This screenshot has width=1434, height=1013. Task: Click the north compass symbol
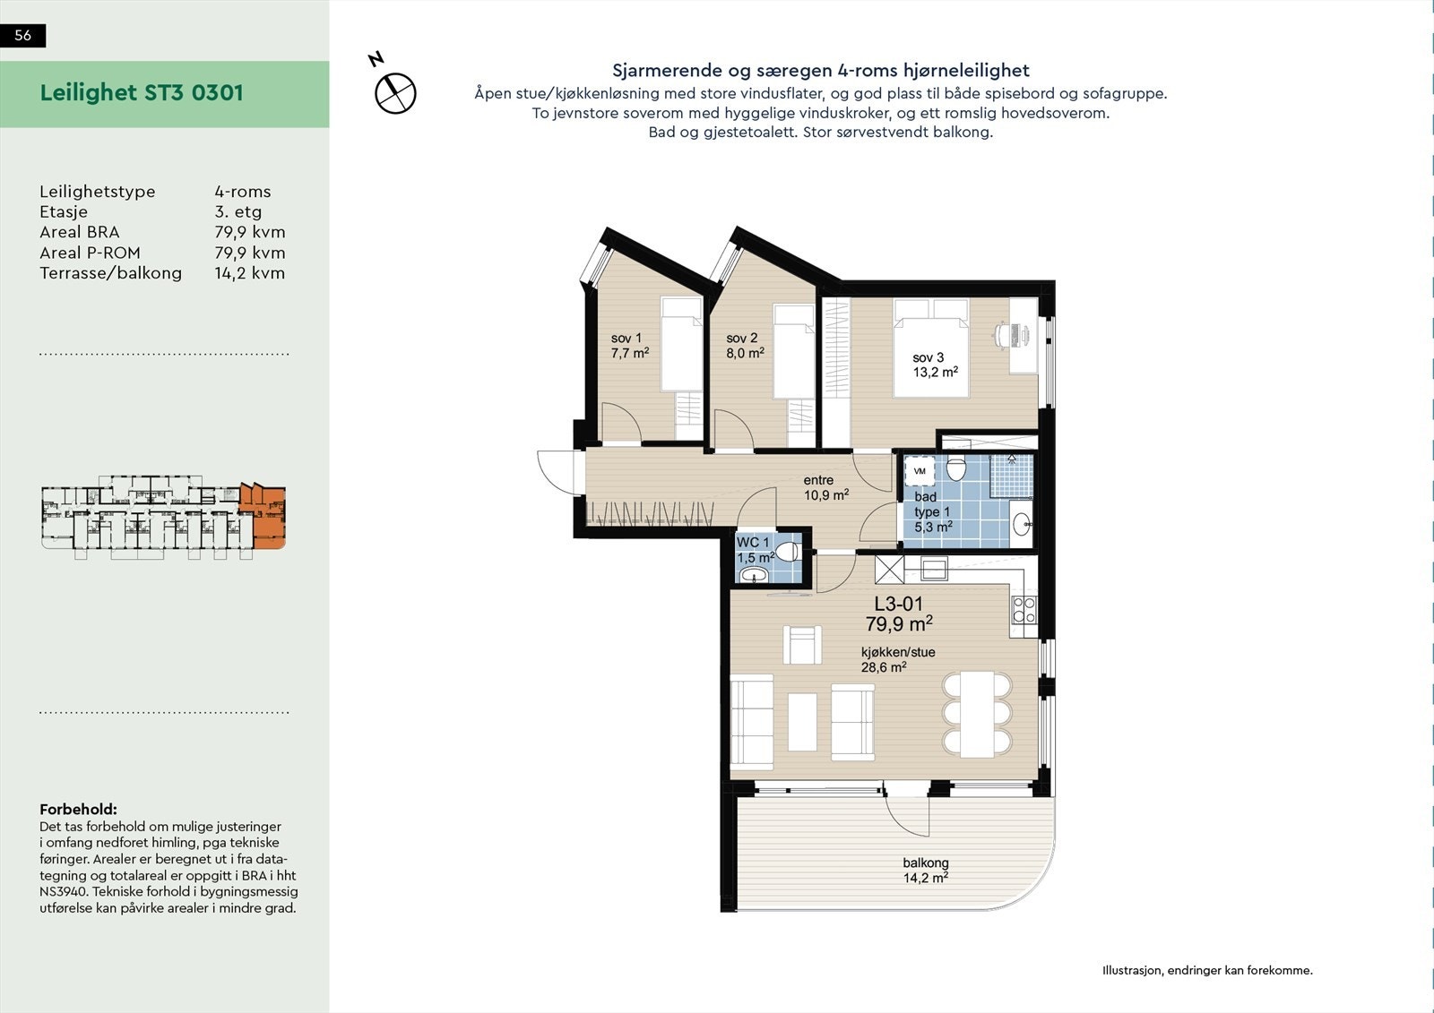pyautogui.click(x=395, y=92)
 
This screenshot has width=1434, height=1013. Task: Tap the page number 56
pyautogui.click(x=23, y=35)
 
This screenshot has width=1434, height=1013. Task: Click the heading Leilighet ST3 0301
pyautogui.click(x=142, y=93)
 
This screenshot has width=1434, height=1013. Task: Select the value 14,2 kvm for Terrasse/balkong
pyautogui.click(x=249, y=273)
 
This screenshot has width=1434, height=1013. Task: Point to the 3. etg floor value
pyautogui.click(x=238, y=212)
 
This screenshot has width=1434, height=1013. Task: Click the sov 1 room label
pyautogui.click(x=626, y=338)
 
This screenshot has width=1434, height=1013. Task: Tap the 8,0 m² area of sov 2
pyautogui.click(x=745, y=353)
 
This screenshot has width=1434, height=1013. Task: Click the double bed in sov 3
pyautogui.click(x=931, y=349)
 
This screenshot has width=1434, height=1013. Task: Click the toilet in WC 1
pyautogui.click(x=788, y=550)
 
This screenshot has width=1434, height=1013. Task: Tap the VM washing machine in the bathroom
pyautogui.click(x=920, y=470)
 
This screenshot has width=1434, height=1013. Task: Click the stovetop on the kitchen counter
pyautogui.click(x=1024, y=610)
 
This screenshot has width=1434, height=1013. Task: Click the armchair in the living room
pyautogui.click(x=802, y=644)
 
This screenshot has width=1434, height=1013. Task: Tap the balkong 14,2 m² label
pyautogui.click(x=925, y=871)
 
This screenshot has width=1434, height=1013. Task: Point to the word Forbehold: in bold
pyautogui.click(x=78, y=810)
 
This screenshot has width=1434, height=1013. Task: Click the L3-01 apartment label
pyautogui.click(x=898, y=605)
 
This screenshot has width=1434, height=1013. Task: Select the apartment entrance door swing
pyautogui.click(x=557, y=468)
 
